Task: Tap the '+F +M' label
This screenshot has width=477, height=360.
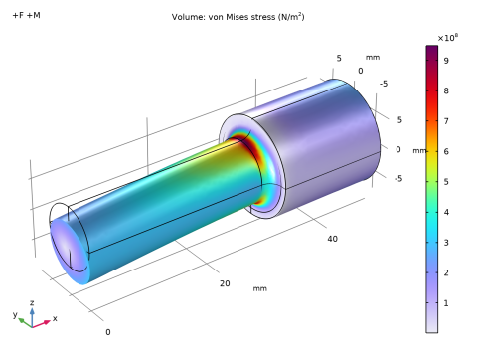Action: (x=26, y=15)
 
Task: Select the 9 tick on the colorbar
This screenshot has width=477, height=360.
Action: (x=446, y=61)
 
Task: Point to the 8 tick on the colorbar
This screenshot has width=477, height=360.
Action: (x=446, y=90)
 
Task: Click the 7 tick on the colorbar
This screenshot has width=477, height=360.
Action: (x=446, y=121)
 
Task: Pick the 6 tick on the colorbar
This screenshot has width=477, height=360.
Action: (x=446, y=151)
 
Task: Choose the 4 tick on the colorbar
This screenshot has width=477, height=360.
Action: (x=446, y=212)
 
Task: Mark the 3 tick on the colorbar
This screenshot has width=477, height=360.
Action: (x=446, y=243)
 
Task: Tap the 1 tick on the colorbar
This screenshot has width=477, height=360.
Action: (x=446, y=303)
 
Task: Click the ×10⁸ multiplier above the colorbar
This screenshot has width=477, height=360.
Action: (x=448, y=38)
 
